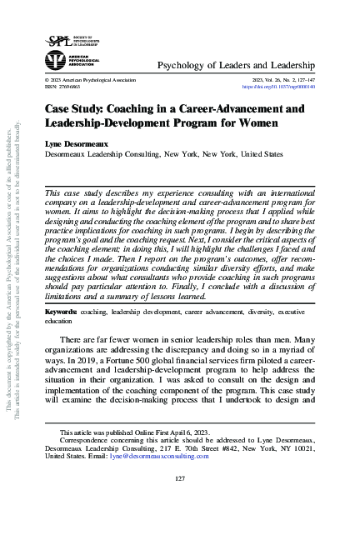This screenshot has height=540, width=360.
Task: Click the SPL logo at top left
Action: click(x=57, y=39)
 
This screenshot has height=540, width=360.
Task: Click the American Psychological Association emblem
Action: click(x=56, y=61)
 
